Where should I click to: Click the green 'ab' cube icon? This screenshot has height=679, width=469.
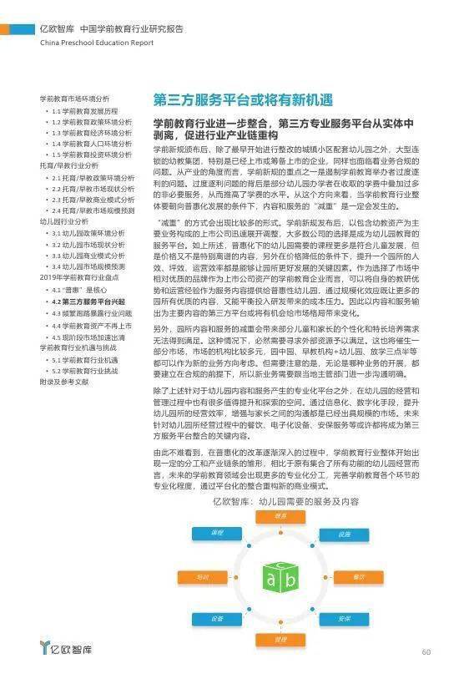tap(279, 577)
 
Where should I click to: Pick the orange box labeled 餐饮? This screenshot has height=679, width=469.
tap(359, 577)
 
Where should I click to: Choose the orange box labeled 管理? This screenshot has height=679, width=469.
tap(280, 639)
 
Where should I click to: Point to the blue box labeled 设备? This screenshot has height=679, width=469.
tap(216, 619)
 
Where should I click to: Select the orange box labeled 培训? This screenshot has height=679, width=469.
tap(201, 577)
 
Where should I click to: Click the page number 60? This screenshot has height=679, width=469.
tap(426, 652)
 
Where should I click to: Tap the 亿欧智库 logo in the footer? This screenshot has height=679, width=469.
tap(67, 650)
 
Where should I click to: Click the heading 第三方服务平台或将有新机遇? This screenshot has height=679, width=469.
tap(242, 99)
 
